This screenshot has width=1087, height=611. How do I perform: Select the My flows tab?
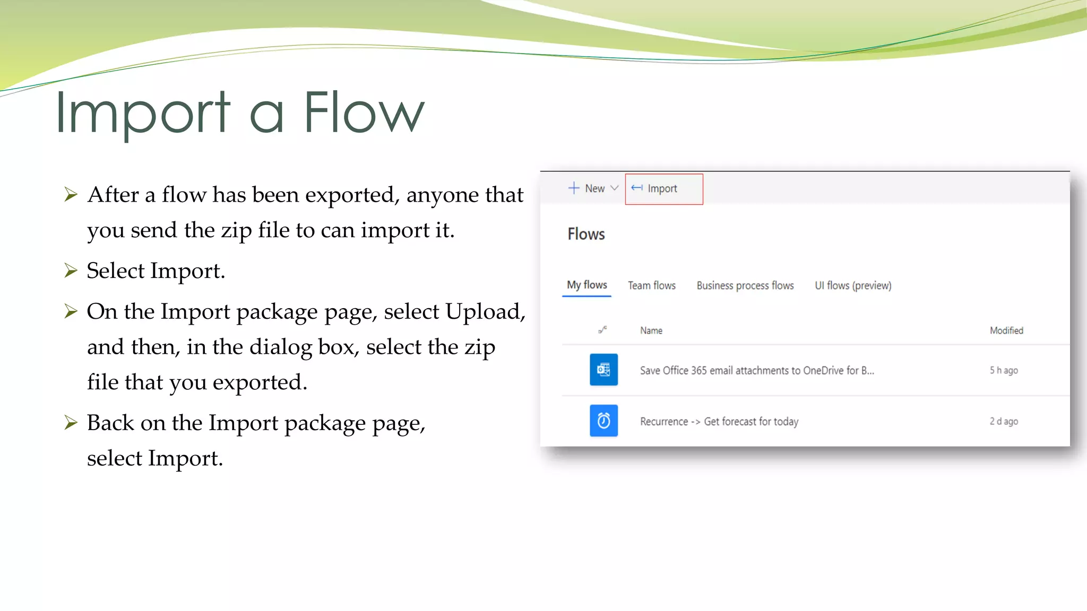tap(586, 285)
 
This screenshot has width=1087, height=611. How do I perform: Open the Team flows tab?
tap(651, 286)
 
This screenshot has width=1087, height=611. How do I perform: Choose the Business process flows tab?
tap(745, 286)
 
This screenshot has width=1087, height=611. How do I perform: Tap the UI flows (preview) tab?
tap(852, 286)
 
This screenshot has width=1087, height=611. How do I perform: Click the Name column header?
tap(651, 330)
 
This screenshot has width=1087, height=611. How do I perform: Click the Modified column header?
tap(1006, 330)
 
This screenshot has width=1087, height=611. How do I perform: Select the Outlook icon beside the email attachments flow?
tap(603, 370)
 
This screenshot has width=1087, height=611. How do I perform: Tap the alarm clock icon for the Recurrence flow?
tap(603, 421)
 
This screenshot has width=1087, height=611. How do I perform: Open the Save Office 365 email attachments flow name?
tap(756, 370)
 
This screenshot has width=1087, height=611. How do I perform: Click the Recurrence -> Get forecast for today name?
tap(719, 422)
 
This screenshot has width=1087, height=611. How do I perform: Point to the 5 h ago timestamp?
tap(1003, 370)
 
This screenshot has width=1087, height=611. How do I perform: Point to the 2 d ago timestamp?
tap(1003, 422)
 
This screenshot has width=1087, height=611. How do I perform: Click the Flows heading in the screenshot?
tap(586, 234)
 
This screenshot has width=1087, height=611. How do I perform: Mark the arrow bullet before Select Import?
tap(71, 270)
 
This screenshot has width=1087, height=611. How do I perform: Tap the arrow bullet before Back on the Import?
tap(71, 423)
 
